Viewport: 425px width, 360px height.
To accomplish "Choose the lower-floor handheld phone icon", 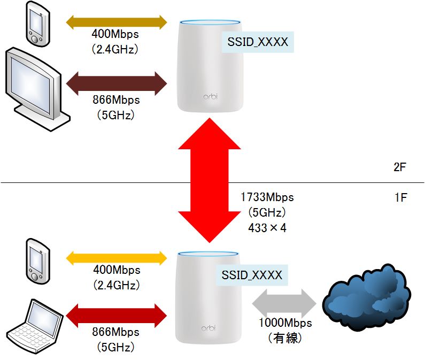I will pos(37,261).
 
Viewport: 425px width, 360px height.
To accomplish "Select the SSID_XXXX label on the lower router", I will pos(252,275).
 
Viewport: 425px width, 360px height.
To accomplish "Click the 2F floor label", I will pos(400,167).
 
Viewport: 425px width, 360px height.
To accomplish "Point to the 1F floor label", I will pos(400,198).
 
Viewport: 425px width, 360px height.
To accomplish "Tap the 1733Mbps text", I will pos(267,197).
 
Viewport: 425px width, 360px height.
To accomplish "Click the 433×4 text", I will pos(267,227).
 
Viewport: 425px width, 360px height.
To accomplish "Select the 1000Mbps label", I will pos(285,323).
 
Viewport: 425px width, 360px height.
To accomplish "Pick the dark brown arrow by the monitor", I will pos(117,83).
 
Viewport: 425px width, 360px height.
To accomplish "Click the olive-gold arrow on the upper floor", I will pos(117,21).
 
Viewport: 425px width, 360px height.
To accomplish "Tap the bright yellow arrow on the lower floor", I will pos(117,257).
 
